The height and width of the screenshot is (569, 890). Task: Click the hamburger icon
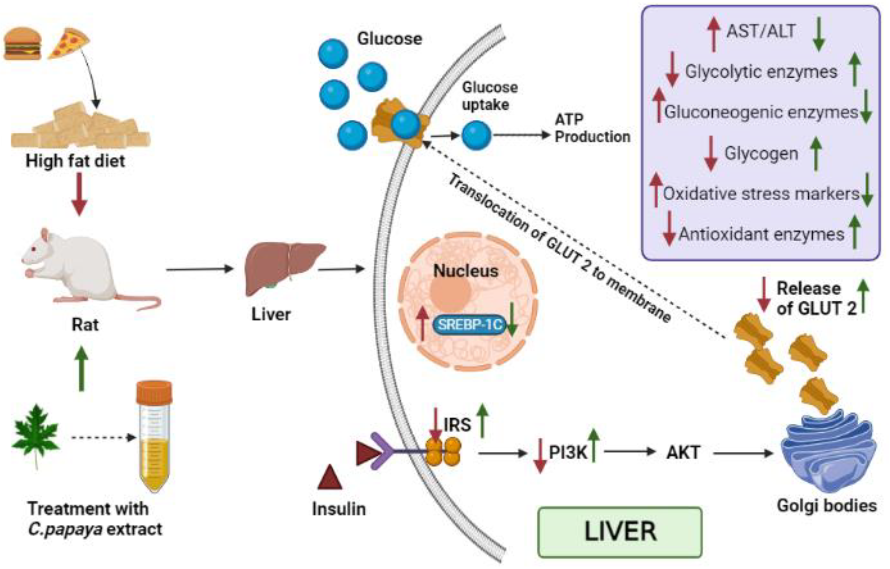23,43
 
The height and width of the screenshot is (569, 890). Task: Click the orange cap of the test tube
154,392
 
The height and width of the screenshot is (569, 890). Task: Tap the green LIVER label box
620,532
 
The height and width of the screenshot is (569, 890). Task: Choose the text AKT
683,453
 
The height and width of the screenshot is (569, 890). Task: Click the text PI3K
568,453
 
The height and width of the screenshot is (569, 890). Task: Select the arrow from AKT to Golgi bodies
743,453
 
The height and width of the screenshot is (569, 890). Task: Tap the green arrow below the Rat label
81,369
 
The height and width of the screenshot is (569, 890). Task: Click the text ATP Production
592,128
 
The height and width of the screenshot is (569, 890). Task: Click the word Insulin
339,509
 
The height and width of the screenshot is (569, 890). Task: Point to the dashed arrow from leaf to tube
104,438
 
